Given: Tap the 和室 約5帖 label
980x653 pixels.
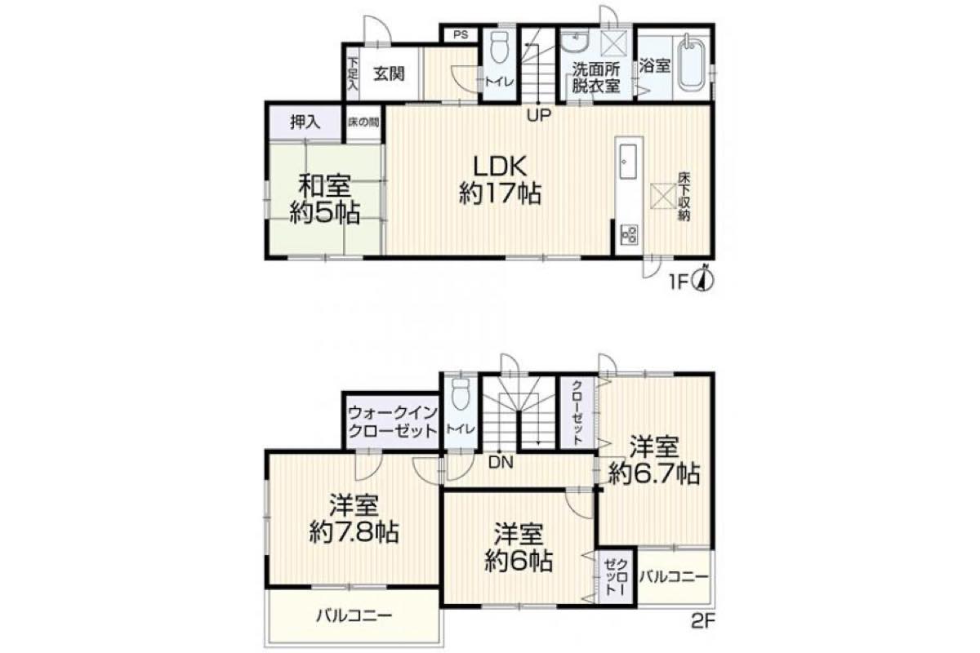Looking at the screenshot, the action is click(x=325, y=199).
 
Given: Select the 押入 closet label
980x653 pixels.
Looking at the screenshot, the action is click(x=305, y=122).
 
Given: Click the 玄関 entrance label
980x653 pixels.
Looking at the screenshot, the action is click(x=389, y=74).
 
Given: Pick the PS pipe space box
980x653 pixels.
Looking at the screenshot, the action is click(x=461, y=34).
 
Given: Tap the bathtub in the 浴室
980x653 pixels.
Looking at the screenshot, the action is click(x=692, y=64).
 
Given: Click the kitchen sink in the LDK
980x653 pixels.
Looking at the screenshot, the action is click(x=628, y=162).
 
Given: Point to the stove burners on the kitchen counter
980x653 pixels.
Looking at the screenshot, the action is click(x=628, y=234).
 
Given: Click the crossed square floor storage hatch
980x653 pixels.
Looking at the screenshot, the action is click(x=661, y=194).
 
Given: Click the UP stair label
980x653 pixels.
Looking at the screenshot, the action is click(x=538, y=115).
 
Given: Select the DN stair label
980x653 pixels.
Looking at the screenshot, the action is click(x=501, y=463).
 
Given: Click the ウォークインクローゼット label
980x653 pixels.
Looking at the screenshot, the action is click(x=393, y=422).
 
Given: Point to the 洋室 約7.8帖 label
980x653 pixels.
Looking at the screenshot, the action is click(x=354, y=518).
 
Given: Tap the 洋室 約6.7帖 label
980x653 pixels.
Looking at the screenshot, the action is click(x=654, y=460).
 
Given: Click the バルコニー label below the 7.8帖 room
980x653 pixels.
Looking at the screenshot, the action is click(x=354, y=617).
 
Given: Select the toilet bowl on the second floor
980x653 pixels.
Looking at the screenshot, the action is click(x=461, y=393).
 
